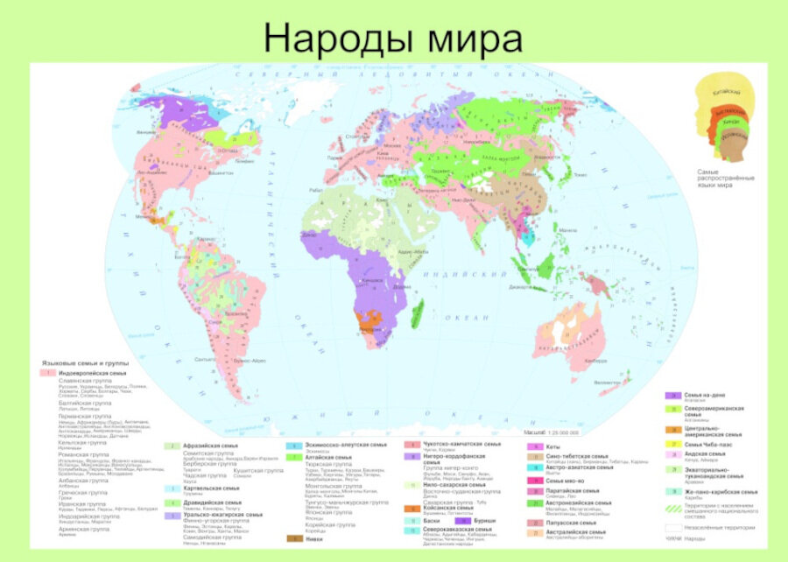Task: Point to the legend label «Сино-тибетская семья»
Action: (578, 456)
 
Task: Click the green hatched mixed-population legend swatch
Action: (673, 507)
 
